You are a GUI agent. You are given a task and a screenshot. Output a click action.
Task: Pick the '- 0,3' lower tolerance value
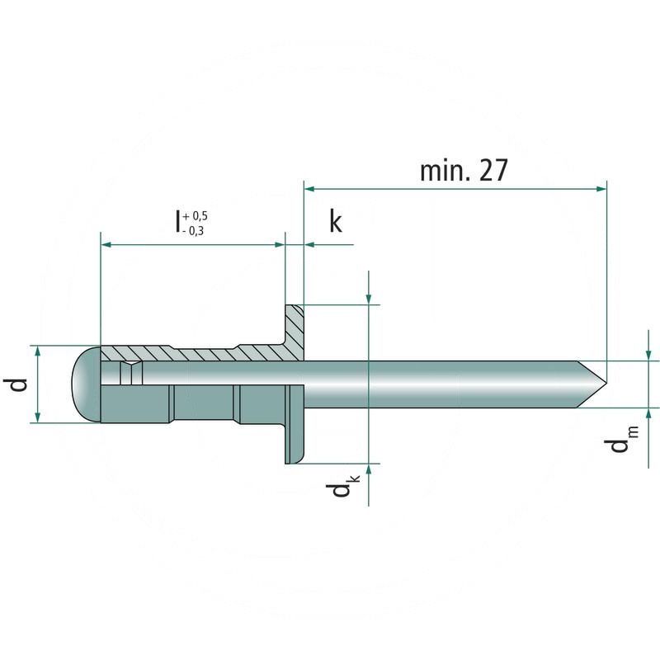(x=195, y=232)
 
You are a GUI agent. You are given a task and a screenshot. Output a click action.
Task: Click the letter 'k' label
(x=335, y=224)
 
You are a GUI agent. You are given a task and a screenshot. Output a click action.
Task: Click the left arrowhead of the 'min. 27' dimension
(x=311, y=188)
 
